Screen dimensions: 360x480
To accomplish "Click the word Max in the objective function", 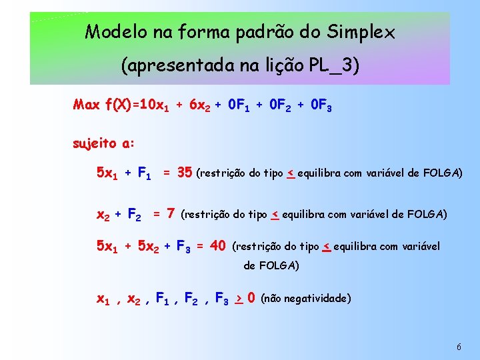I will (x=87, y=105).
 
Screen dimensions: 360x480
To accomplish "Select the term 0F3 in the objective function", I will (x=318, y=105).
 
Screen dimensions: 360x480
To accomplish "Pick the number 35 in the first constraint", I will (x=185, y=173).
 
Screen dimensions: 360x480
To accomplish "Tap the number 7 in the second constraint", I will (x=171, y=214).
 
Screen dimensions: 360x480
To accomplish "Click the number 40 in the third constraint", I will (x=217, y=246).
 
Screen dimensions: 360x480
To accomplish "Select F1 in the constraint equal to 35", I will (x=145, y=175).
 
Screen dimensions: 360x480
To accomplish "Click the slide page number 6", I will (x=459, y=347).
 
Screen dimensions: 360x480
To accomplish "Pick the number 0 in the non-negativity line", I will (x=251, y=297).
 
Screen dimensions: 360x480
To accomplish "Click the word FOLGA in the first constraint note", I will (x=438, y=174).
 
